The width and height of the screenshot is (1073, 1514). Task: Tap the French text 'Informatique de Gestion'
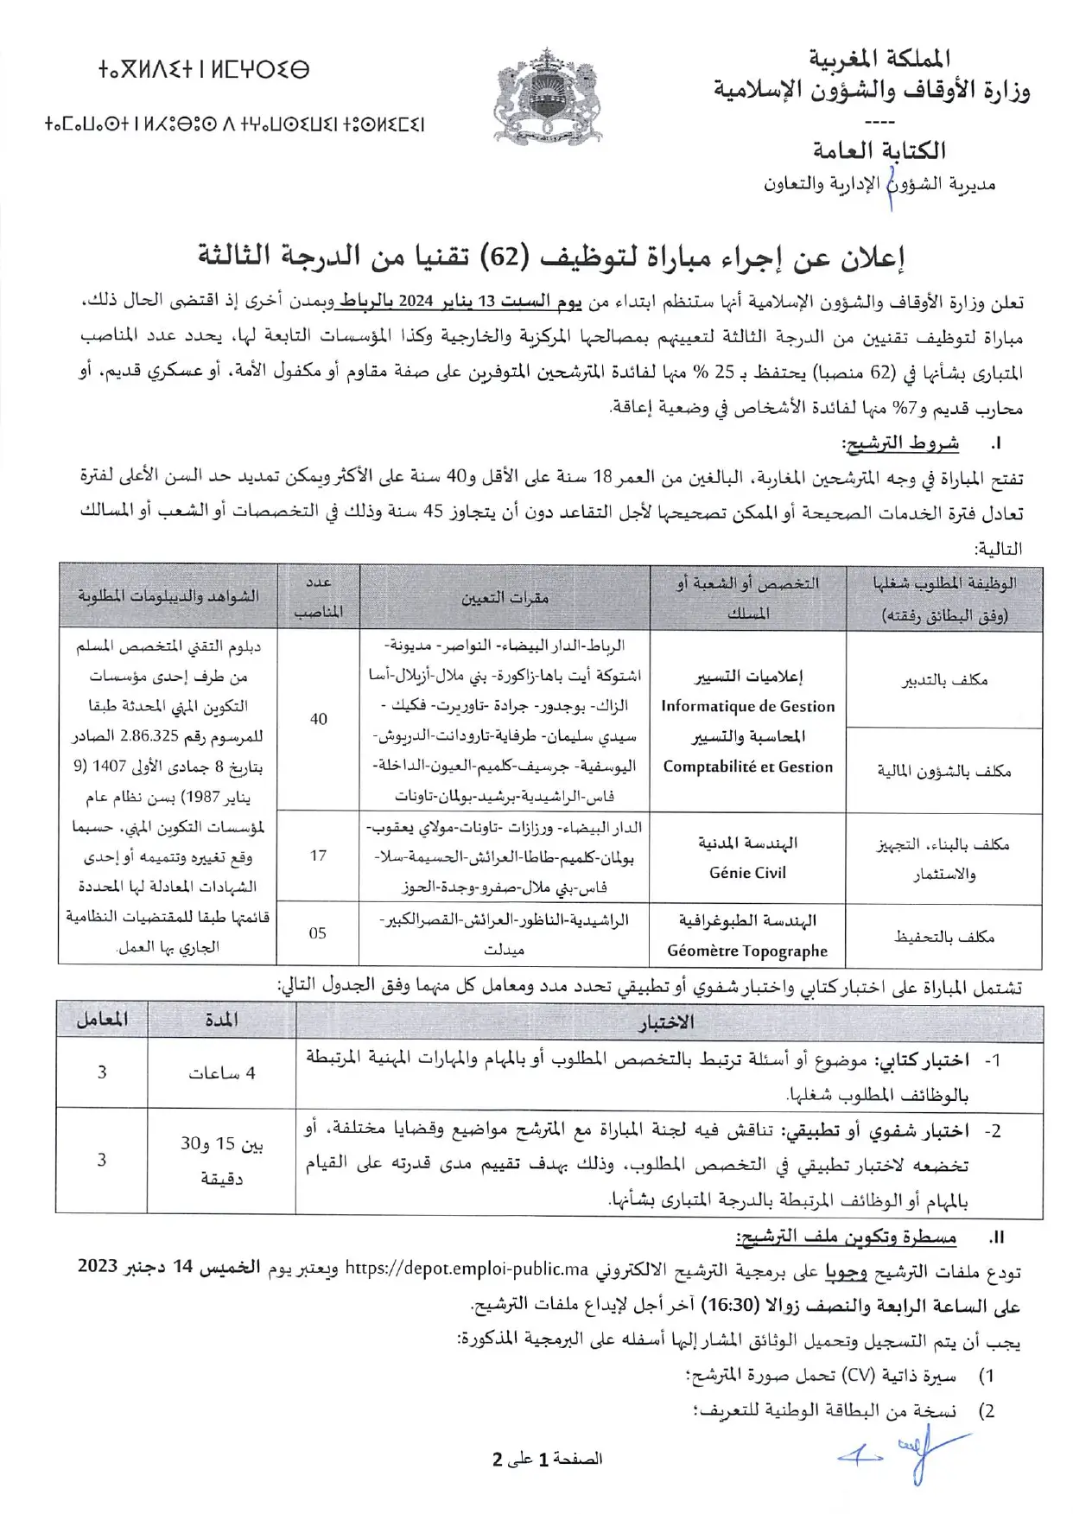[x=747, y=706]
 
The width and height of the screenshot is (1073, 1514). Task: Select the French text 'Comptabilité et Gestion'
[x=747, y=767]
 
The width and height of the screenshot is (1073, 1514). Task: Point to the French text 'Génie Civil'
[x=747, y=873]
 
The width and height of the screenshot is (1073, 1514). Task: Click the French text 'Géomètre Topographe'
[x=747, y=951]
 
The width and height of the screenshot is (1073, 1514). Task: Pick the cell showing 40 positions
[x=318, y=719]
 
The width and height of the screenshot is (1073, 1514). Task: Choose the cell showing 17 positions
[x=318, y=856]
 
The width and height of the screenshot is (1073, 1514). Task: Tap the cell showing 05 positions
[x=318, y=933]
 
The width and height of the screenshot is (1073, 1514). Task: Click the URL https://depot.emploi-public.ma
[x=467, y=1269]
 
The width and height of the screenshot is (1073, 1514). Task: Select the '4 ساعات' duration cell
[x=222, y=1073]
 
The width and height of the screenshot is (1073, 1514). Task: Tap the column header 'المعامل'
[x=102, y=1020]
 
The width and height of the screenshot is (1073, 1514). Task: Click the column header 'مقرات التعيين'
[x=505, y=597]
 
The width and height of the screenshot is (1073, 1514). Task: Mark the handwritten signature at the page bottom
[x=907, y=1454]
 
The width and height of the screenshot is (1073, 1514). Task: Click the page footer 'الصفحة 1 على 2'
[x=547, y=1459]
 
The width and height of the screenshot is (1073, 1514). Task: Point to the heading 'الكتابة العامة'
[x=879, y=150]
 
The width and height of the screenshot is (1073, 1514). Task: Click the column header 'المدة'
[x=222, y=1020]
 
